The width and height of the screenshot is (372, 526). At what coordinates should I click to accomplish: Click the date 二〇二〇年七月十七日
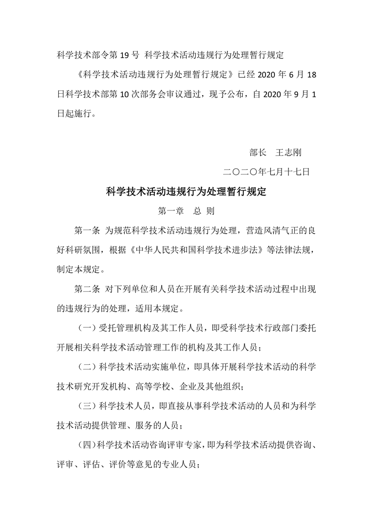coord(267,172)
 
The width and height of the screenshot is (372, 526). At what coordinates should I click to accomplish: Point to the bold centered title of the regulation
coord(186,192)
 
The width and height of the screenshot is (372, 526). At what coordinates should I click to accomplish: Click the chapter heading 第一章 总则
coord(186,211)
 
